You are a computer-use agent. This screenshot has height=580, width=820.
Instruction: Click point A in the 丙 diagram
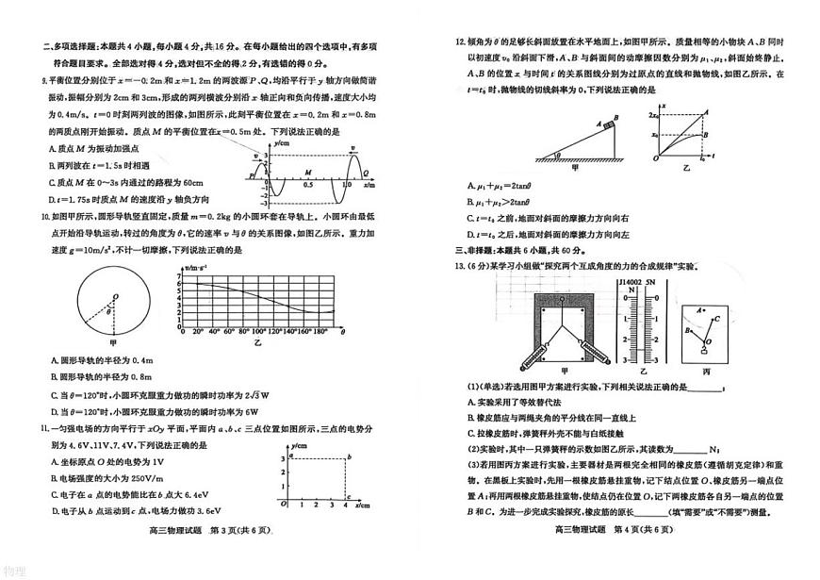(x=698, y=308)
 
